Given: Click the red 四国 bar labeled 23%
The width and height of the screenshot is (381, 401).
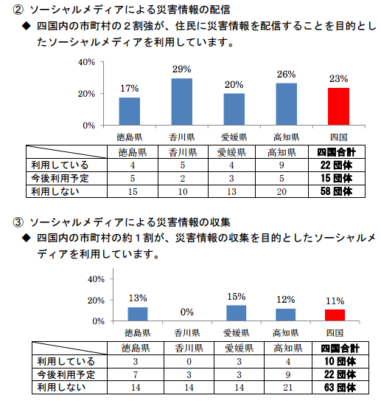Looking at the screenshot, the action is click(x=338, y=106).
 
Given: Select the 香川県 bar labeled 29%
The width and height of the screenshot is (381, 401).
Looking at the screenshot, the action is click(x=182, y=102).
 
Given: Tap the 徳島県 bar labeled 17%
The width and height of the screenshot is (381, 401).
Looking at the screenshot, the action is click(x=130, y=112).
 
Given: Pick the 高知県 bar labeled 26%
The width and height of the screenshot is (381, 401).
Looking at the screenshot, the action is click(x=287, y=104).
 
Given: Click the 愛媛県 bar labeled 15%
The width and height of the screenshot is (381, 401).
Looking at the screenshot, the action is click(x=237, y=313).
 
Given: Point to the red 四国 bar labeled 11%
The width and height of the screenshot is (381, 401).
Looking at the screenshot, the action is click(x=335, y=315).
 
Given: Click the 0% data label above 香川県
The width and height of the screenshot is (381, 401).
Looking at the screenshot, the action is click(x=186, y=312).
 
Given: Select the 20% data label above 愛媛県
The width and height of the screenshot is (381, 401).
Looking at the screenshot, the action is click(x=234, y=85).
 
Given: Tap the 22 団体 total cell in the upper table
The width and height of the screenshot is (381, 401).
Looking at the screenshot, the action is click(x=336, y=165).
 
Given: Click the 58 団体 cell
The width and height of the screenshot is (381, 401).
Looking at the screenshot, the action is click(x=336, y=191).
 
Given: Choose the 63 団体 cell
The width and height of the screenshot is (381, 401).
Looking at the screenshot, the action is click(x=340, y=388).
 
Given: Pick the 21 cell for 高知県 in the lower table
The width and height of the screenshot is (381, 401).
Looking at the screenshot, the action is click(x=287, y=388).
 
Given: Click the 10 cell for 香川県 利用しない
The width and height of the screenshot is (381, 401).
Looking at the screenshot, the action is click(x=183, y=191).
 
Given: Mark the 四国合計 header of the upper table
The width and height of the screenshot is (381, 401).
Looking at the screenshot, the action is click(x=336, y=152).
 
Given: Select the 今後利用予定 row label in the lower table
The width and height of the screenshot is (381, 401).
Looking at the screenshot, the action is click(x=66, y=374).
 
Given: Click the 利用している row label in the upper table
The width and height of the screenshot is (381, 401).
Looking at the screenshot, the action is click(x=60, y=165).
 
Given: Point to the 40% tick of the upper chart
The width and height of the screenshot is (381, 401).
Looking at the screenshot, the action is click(x=86, y=62).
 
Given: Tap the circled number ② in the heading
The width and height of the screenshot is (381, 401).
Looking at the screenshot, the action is click(x=18, y=10).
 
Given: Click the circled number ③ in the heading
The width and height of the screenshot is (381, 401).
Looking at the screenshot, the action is click(x=18, y=222).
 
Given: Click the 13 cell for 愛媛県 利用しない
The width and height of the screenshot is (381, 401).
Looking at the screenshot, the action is click(x=231, y=191).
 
